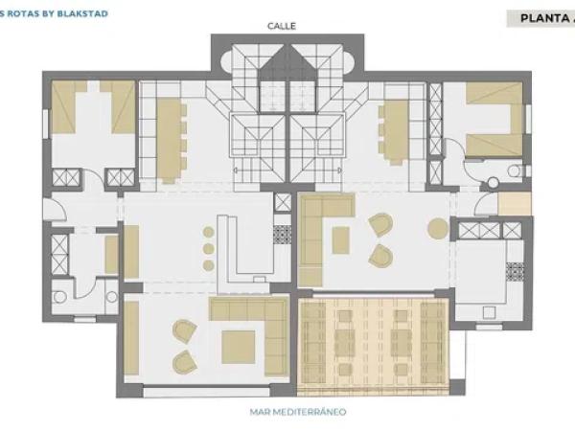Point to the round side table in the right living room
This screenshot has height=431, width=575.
[437, 228]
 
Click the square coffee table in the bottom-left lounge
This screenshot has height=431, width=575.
[237, 347]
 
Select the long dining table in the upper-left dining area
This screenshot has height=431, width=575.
[170, 139]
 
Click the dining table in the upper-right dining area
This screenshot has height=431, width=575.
[393, 133]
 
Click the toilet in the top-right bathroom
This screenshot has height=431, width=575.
[492, 181]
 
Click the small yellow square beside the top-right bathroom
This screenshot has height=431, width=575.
[514, 204]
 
